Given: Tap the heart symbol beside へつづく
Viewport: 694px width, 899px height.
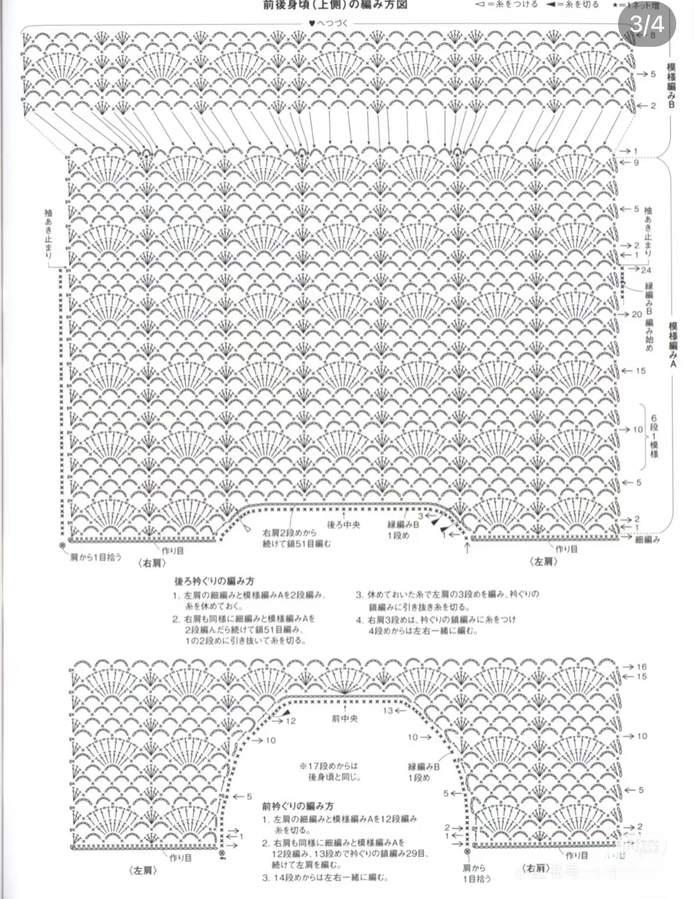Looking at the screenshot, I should tap(311, 24).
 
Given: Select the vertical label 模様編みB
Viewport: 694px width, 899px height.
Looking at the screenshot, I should tap(672, 86).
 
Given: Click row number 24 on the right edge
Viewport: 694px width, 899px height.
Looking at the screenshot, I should tap(646, 269).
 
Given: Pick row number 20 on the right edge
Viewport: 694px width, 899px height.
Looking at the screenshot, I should tap(636, 314).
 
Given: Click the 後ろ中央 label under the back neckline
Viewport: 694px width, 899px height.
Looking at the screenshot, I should tap(343, 525).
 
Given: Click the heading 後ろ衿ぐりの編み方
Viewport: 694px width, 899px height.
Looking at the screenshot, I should tap(214, 581).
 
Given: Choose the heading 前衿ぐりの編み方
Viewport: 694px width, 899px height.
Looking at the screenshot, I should tap(297, 806).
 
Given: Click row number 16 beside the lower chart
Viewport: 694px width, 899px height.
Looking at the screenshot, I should tap(641, 667).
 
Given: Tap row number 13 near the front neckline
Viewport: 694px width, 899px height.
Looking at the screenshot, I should tap(387, 710).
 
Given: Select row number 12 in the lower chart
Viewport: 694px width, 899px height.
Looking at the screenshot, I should tap(290, 721).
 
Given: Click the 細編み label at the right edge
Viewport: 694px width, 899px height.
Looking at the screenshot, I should tap(648, 540).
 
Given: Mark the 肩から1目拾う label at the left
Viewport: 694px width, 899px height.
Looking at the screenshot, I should tap(95, 557).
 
